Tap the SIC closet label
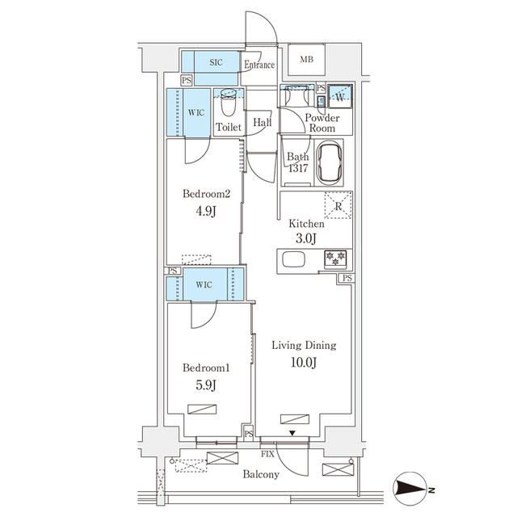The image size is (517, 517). pos(216,62)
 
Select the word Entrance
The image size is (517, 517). pos(259,65)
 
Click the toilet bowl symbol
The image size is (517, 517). pos(228,103)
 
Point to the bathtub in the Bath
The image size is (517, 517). pos(331,162)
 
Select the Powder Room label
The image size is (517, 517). pos(322,124)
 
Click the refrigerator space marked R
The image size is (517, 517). pos(338,205)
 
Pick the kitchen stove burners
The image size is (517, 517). pos(334,259)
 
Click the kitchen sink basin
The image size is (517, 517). pos(293,260)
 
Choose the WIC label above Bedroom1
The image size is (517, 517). pos(204,285)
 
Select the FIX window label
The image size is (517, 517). pos(267,456)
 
